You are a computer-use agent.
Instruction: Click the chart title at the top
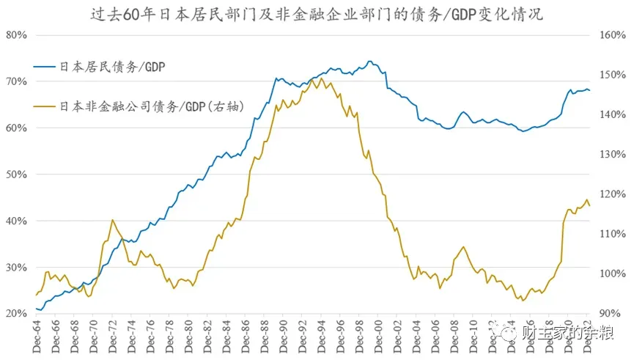(317, 14)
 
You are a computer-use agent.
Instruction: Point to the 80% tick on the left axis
(15, 34)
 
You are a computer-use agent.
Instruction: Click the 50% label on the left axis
(15, 175)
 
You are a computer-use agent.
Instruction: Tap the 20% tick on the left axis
(15, 314)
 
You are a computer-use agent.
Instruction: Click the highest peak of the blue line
(370, 61)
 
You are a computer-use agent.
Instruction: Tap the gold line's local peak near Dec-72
(112, 219)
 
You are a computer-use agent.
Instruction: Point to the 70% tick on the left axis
(15, 81)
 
